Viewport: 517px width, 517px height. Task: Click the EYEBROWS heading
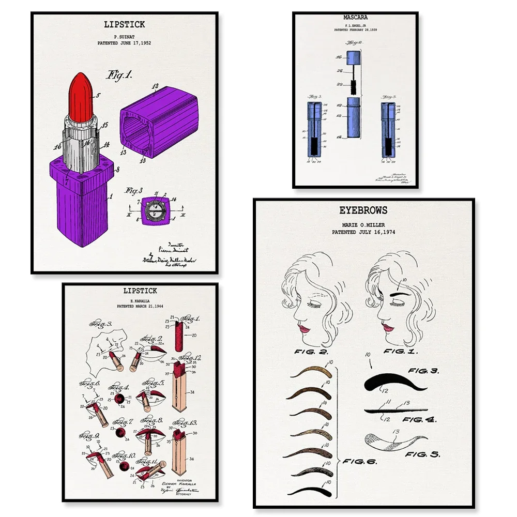(x=363, y=211)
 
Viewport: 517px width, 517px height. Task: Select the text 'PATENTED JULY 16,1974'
(x=363, y=233)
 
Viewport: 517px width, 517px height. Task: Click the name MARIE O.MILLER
(x=363, y=225)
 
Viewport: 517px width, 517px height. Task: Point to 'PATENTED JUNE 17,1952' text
(x=124, y=43)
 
